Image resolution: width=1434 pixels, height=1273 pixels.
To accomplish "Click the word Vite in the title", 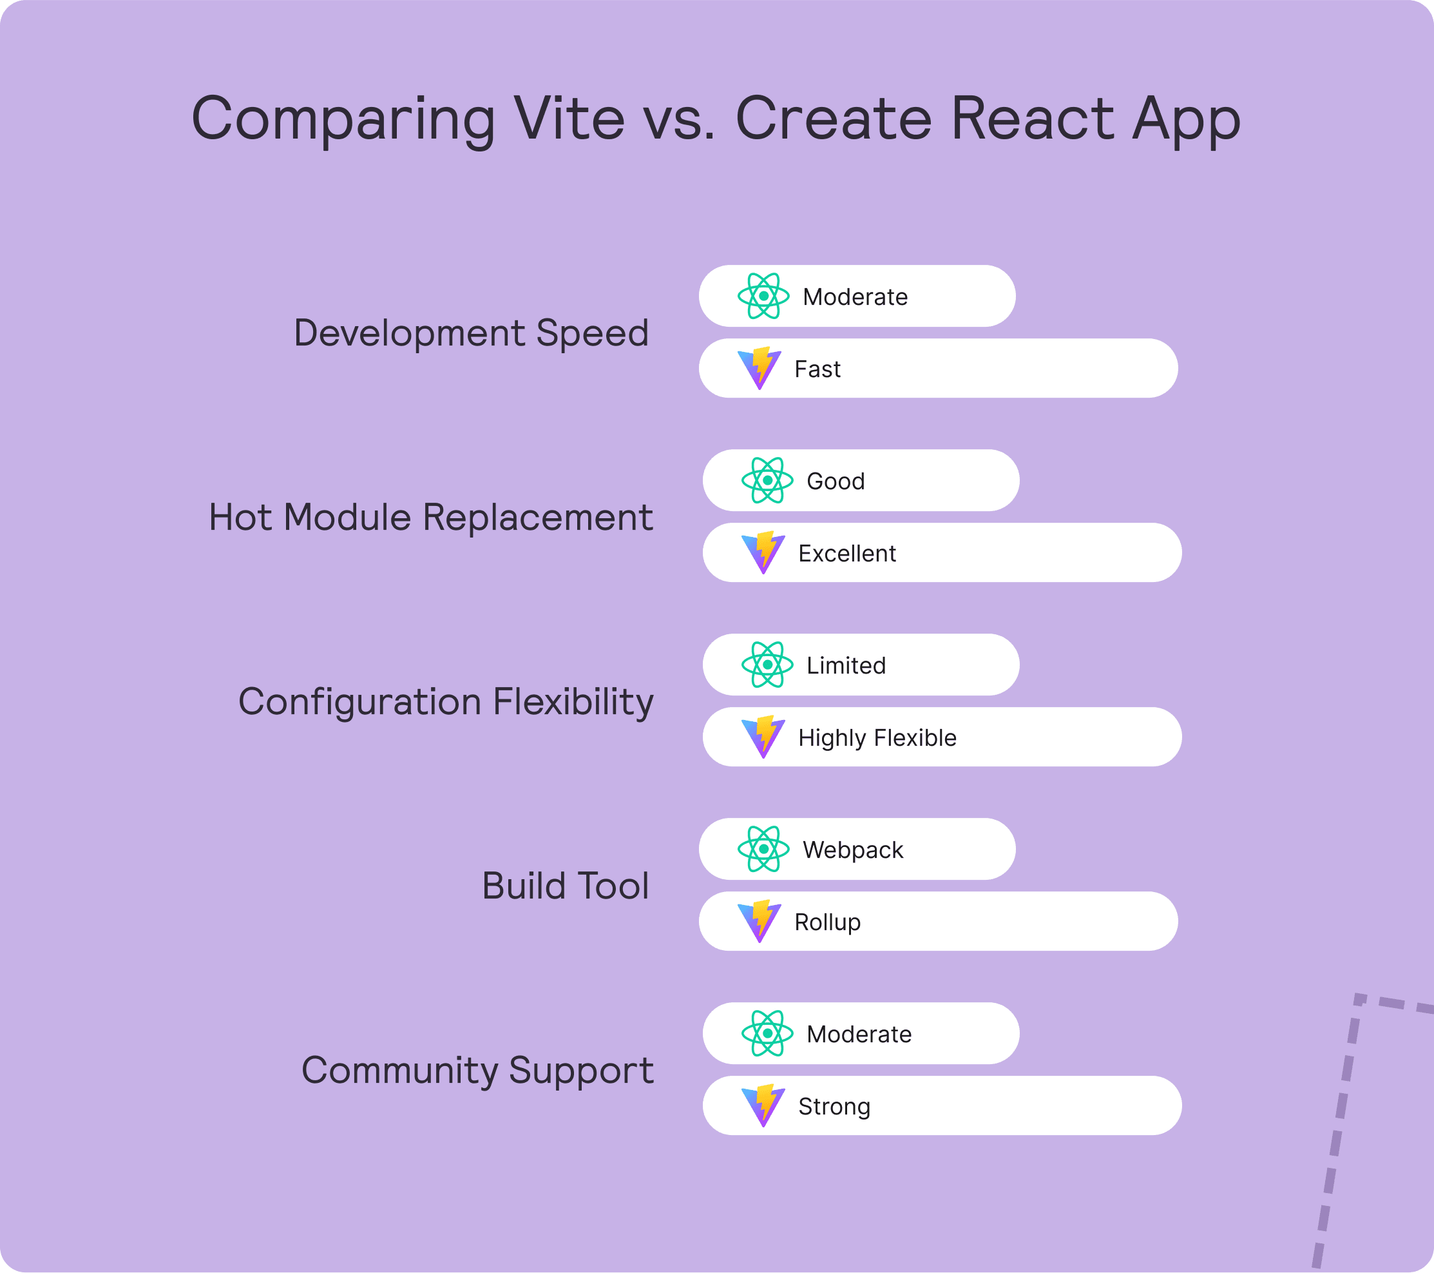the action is [569, 119].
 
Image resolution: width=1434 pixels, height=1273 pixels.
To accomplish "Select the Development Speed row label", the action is [471, 334].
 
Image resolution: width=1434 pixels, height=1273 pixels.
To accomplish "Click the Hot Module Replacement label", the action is [431, 518].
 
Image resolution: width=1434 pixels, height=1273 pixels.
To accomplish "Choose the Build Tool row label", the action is [566, 886].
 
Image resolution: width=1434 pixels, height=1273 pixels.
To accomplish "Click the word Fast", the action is [817, 369].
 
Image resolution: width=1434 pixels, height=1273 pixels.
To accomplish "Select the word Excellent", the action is [846, 554].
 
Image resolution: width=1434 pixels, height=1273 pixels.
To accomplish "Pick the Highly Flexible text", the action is [877, 738].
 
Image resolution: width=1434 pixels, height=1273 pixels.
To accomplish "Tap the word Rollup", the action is [827, 923].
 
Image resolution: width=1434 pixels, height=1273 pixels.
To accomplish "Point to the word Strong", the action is [834, 1107].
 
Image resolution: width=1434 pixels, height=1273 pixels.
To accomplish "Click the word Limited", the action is [846, 665].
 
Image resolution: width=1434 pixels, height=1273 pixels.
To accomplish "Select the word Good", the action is [836, 481].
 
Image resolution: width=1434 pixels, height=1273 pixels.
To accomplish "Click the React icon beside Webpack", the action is [763, 849].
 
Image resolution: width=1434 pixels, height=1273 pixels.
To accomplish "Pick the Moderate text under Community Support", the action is [859, 1035].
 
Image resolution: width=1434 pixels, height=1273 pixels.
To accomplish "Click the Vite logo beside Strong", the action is [763, 1105].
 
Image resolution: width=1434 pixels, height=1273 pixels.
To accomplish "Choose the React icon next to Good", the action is [767, 481].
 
